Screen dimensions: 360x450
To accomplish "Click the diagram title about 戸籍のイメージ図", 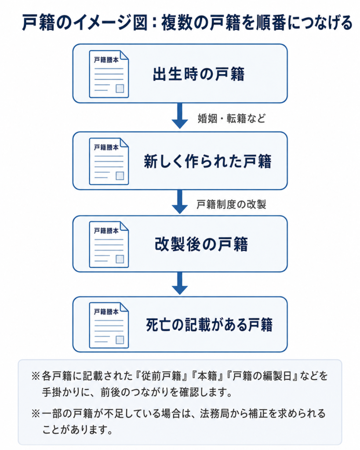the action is pyautogui.click(x=187, y=22).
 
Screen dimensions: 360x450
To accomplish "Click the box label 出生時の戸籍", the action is pyautogui.click(x=199, y=74).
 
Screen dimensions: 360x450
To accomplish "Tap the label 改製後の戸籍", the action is pyautogui.click(x=201, y=244).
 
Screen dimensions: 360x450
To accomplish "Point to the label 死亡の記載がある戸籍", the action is pyautogui.click(x=209, y=325).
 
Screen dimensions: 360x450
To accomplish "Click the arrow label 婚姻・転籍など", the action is pyautogui.click(x=232, y=118).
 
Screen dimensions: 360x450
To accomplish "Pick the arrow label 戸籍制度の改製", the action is pyautogui.click(x=231, y=204).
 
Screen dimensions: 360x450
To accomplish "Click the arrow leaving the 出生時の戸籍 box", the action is pyautogui.click(x=180, y=116).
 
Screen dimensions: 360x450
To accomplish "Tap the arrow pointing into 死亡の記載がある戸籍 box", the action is pyautogui.click(x=180, y=283).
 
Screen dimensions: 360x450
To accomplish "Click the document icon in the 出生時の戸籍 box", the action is pyautogui.click(x=109, y=74).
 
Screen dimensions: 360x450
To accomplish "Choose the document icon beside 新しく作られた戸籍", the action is pyautogui.click(x=109, y=161).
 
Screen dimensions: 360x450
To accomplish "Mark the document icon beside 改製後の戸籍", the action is pyautogui.click(x=109, y=244).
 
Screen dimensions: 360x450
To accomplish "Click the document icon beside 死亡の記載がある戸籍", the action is pyautogui.click(x=109, y=325).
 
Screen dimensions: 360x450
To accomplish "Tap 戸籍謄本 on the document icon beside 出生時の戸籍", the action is pyautogui.click(x=106, y=60).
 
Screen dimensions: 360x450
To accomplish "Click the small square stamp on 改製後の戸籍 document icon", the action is pyautogui.click(x=120, y=259).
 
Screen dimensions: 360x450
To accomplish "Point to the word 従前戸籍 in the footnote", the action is pyautogui.click(x=161, y=376).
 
